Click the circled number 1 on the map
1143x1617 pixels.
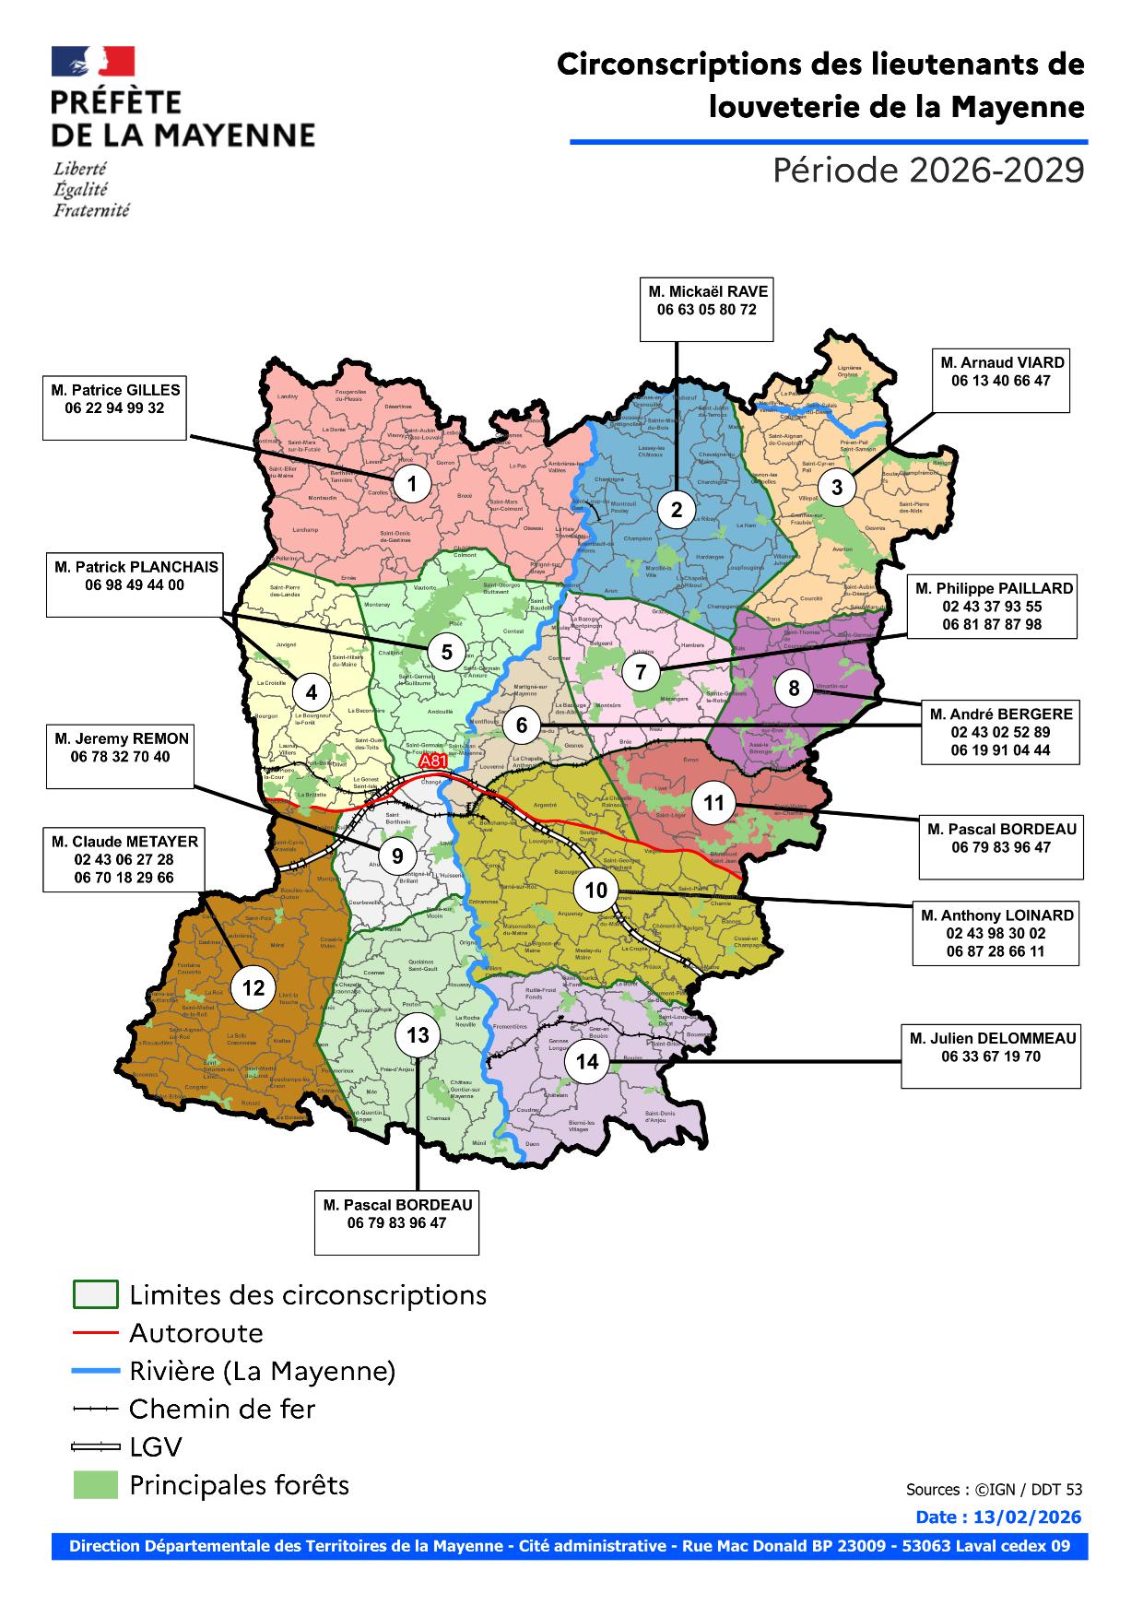(412, 484)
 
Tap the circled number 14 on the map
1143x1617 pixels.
(587, 1061)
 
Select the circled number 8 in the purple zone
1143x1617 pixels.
(794, 688)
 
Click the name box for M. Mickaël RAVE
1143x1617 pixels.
(707, 308)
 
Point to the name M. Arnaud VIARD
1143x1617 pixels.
(1000, 362)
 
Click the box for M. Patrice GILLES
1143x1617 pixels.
(115, 407)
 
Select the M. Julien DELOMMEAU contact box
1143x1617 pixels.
(991, 1056)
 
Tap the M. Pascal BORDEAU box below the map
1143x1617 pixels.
(396, 1222)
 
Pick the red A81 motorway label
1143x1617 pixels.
(433, 762)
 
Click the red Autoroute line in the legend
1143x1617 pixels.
(96, 1333)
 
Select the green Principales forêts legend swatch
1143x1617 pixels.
(96, 1485)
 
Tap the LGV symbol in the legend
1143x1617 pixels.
(96, 1447)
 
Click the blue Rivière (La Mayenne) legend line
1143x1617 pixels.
(96, 1371)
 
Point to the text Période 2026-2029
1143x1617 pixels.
(927, 171)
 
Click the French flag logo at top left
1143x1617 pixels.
(93, 62)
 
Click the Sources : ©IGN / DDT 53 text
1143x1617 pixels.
(994, 1489)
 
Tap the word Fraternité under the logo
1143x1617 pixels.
(90, 210)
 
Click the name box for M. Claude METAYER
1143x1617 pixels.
(124, 858)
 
